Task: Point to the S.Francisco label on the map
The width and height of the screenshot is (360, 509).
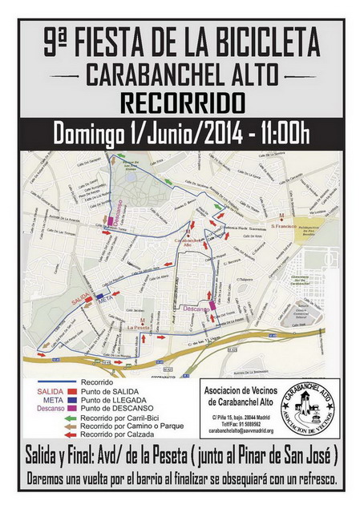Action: pyautogui.click(x=284, y=226)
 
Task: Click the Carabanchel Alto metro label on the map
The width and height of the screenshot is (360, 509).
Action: pyautogui.click(x=186, y=241)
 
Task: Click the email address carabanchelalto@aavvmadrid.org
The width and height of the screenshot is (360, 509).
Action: pyautogui.click(x=242, y=430)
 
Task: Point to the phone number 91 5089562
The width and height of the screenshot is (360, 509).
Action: pyautogui.click(x=255, y=424)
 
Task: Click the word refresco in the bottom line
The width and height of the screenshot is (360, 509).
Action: pyautogui.click(x=305, y=479)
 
